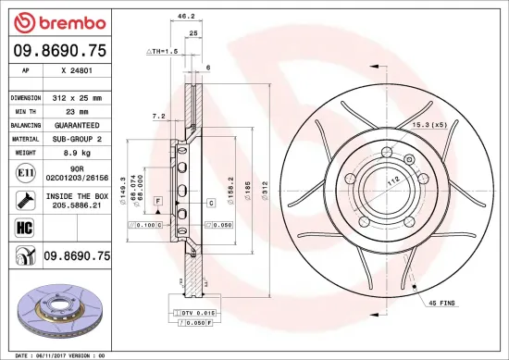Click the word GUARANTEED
pos(78,123)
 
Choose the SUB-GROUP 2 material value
pos(78,137)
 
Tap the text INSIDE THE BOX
pos(78,196)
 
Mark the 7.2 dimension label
pos(157,118)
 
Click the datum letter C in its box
pos(210,201)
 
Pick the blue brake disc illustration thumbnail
pos(59,310)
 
